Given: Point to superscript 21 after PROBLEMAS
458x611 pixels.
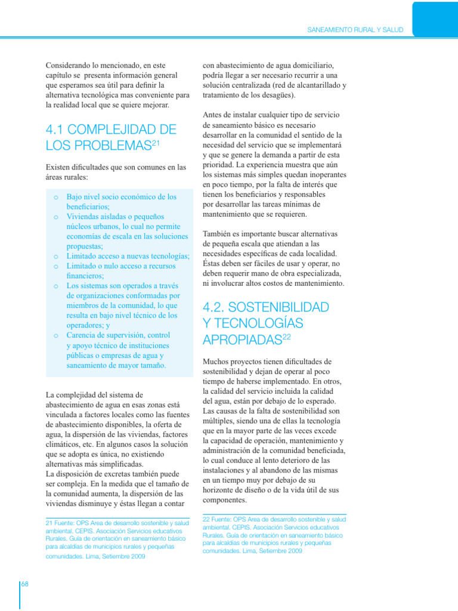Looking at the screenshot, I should point(157,142).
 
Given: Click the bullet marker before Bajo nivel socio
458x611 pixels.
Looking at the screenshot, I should point(55,196).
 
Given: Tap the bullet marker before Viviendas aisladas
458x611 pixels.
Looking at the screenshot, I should point(55,217).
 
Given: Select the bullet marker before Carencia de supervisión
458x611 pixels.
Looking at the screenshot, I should point(55,335).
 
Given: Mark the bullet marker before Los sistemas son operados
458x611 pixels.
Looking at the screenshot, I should point(55,286).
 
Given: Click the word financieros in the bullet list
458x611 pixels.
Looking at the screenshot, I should point(85,276).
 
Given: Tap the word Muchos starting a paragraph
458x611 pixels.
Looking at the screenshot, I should point(216,362).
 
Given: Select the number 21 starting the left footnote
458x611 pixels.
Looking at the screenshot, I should point(49,523).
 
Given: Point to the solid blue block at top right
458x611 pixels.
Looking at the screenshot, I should point(435,18).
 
